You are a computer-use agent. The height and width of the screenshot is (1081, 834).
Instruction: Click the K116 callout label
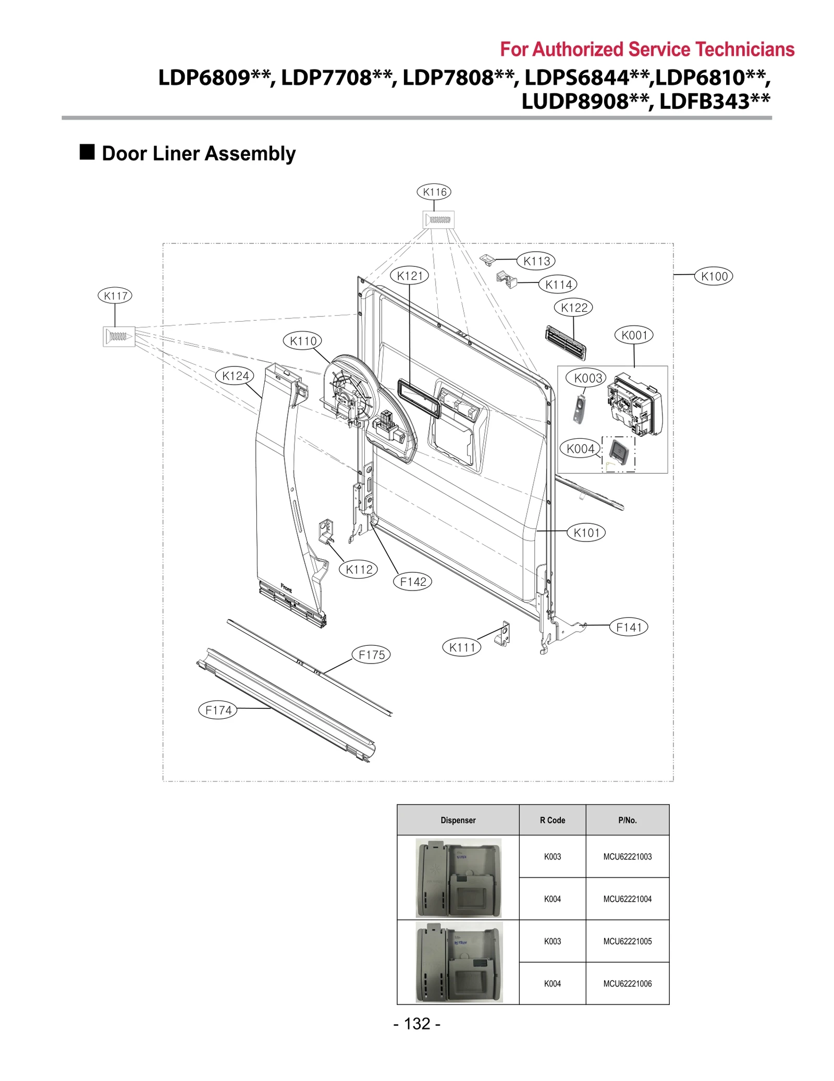coord(434,192)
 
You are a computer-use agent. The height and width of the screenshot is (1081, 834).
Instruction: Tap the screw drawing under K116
coord(438,219)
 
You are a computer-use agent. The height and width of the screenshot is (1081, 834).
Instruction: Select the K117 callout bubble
coord(115,296)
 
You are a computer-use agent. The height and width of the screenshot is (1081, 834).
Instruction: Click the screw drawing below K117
coord(119,336)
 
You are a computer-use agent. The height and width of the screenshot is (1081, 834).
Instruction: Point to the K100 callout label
coord(714,276)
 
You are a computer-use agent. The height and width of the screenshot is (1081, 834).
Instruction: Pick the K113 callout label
coord(536,261)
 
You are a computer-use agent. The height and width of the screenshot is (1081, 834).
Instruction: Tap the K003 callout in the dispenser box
coord(588,378)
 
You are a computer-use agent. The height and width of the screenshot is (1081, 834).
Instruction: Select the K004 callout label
coord(580,448)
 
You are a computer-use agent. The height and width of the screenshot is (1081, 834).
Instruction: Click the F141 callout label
coord(629,627)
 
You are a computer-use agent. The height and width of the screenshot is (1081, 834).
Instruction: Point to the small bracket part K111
coord(503,634)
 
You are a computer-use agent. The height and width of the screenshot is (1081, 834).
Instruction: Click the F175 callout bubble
coord(371,655)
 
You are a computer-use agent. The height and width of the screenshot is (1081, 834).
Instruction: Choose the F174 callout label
coord(218,710)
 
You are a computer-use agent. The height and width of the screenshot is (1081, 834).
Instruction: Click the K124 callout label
coord(235,376)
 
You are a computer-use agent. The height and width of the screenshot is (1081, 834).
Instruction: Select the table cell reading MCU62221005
coord(627,941)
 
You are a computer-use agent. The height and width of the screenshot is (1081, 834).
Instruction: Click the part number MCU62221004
coord(627,899)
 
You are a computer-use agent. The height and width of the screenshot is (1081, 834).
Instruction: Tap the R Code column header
coord(552,820)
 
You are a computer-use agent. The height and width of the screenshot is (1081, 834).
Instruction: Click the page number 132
coord(417,1024)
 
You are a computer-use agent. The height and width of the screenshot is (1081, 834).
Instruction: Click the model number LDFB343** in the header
coord(715,101)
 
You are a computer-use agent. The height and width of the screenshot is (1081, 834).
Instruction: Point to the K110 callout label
coord(303,341)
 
